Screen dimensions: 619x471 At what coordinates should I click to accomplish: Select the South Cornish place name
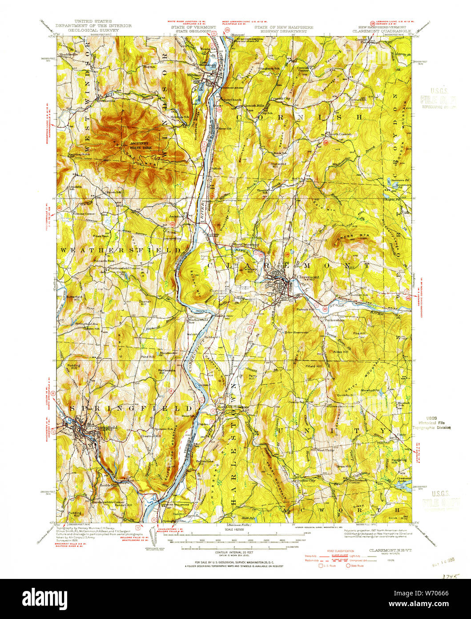tap(341, 134)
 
